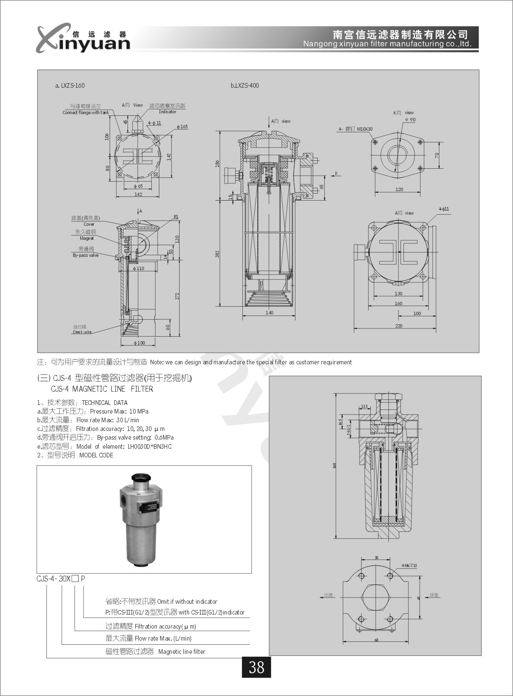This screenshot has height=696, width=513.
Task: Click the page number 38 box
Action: point(256,667)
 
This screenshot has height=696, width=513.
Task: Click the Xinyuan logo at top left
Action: point(83,38)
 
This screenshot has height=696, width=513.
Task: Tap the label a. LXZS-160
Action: point(70,86)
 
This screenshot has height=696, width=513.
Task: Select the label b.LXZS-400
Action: point(245,86)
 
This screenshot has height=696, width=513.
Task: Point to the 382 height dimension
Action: point(217,254)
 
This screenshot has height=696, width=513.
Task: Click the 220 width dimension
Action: point(398,326)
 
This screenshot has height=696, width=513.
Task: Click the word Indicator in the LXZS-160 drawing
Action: point(168,112)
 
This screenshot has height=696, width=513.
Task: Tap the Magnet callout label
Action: point(86,239)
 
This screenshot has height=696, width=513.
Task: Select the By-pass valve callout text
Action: point(86,256)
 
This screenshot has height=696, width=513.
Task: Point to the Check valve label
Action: point(82,332)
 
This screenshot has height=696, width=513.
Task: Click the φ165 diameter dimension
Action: point(182,127)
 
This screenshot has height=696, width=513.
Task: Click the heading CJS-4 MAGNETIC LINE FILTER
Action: point(102,389)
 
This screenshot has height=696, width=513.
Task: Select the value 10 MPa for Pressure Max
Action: point(139,411)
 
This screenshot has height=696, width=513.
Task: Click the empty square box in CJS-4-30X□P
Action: point(75,579)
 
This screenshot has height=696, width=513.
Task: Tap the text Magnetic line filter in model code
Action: point(182,652)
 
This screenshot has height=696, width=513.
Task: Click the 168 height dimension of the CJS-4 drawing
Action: point(335,465)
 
